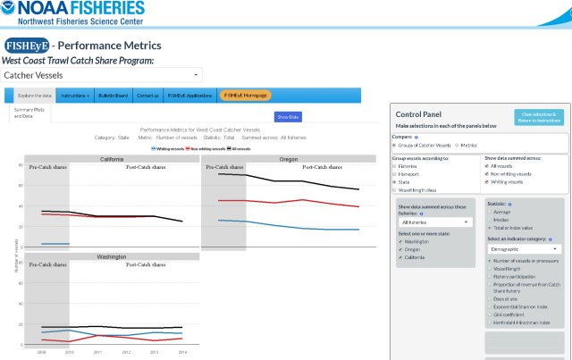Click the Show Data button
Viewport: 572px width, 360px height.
coord(288,116)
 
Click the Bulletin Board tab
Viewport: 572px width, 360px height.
coord(113,95)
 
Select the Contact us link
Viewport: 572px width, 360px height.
coord(147,95)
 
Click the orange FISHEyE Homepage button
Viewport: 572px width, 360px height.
coord(245,95)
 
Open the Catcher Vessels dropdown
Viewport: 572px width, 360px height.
coord(102,76)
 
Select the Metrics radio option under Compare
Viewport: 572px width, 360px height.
coord(458,145)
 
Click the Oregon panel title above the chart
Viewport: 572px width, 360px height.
coord(288,159)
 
